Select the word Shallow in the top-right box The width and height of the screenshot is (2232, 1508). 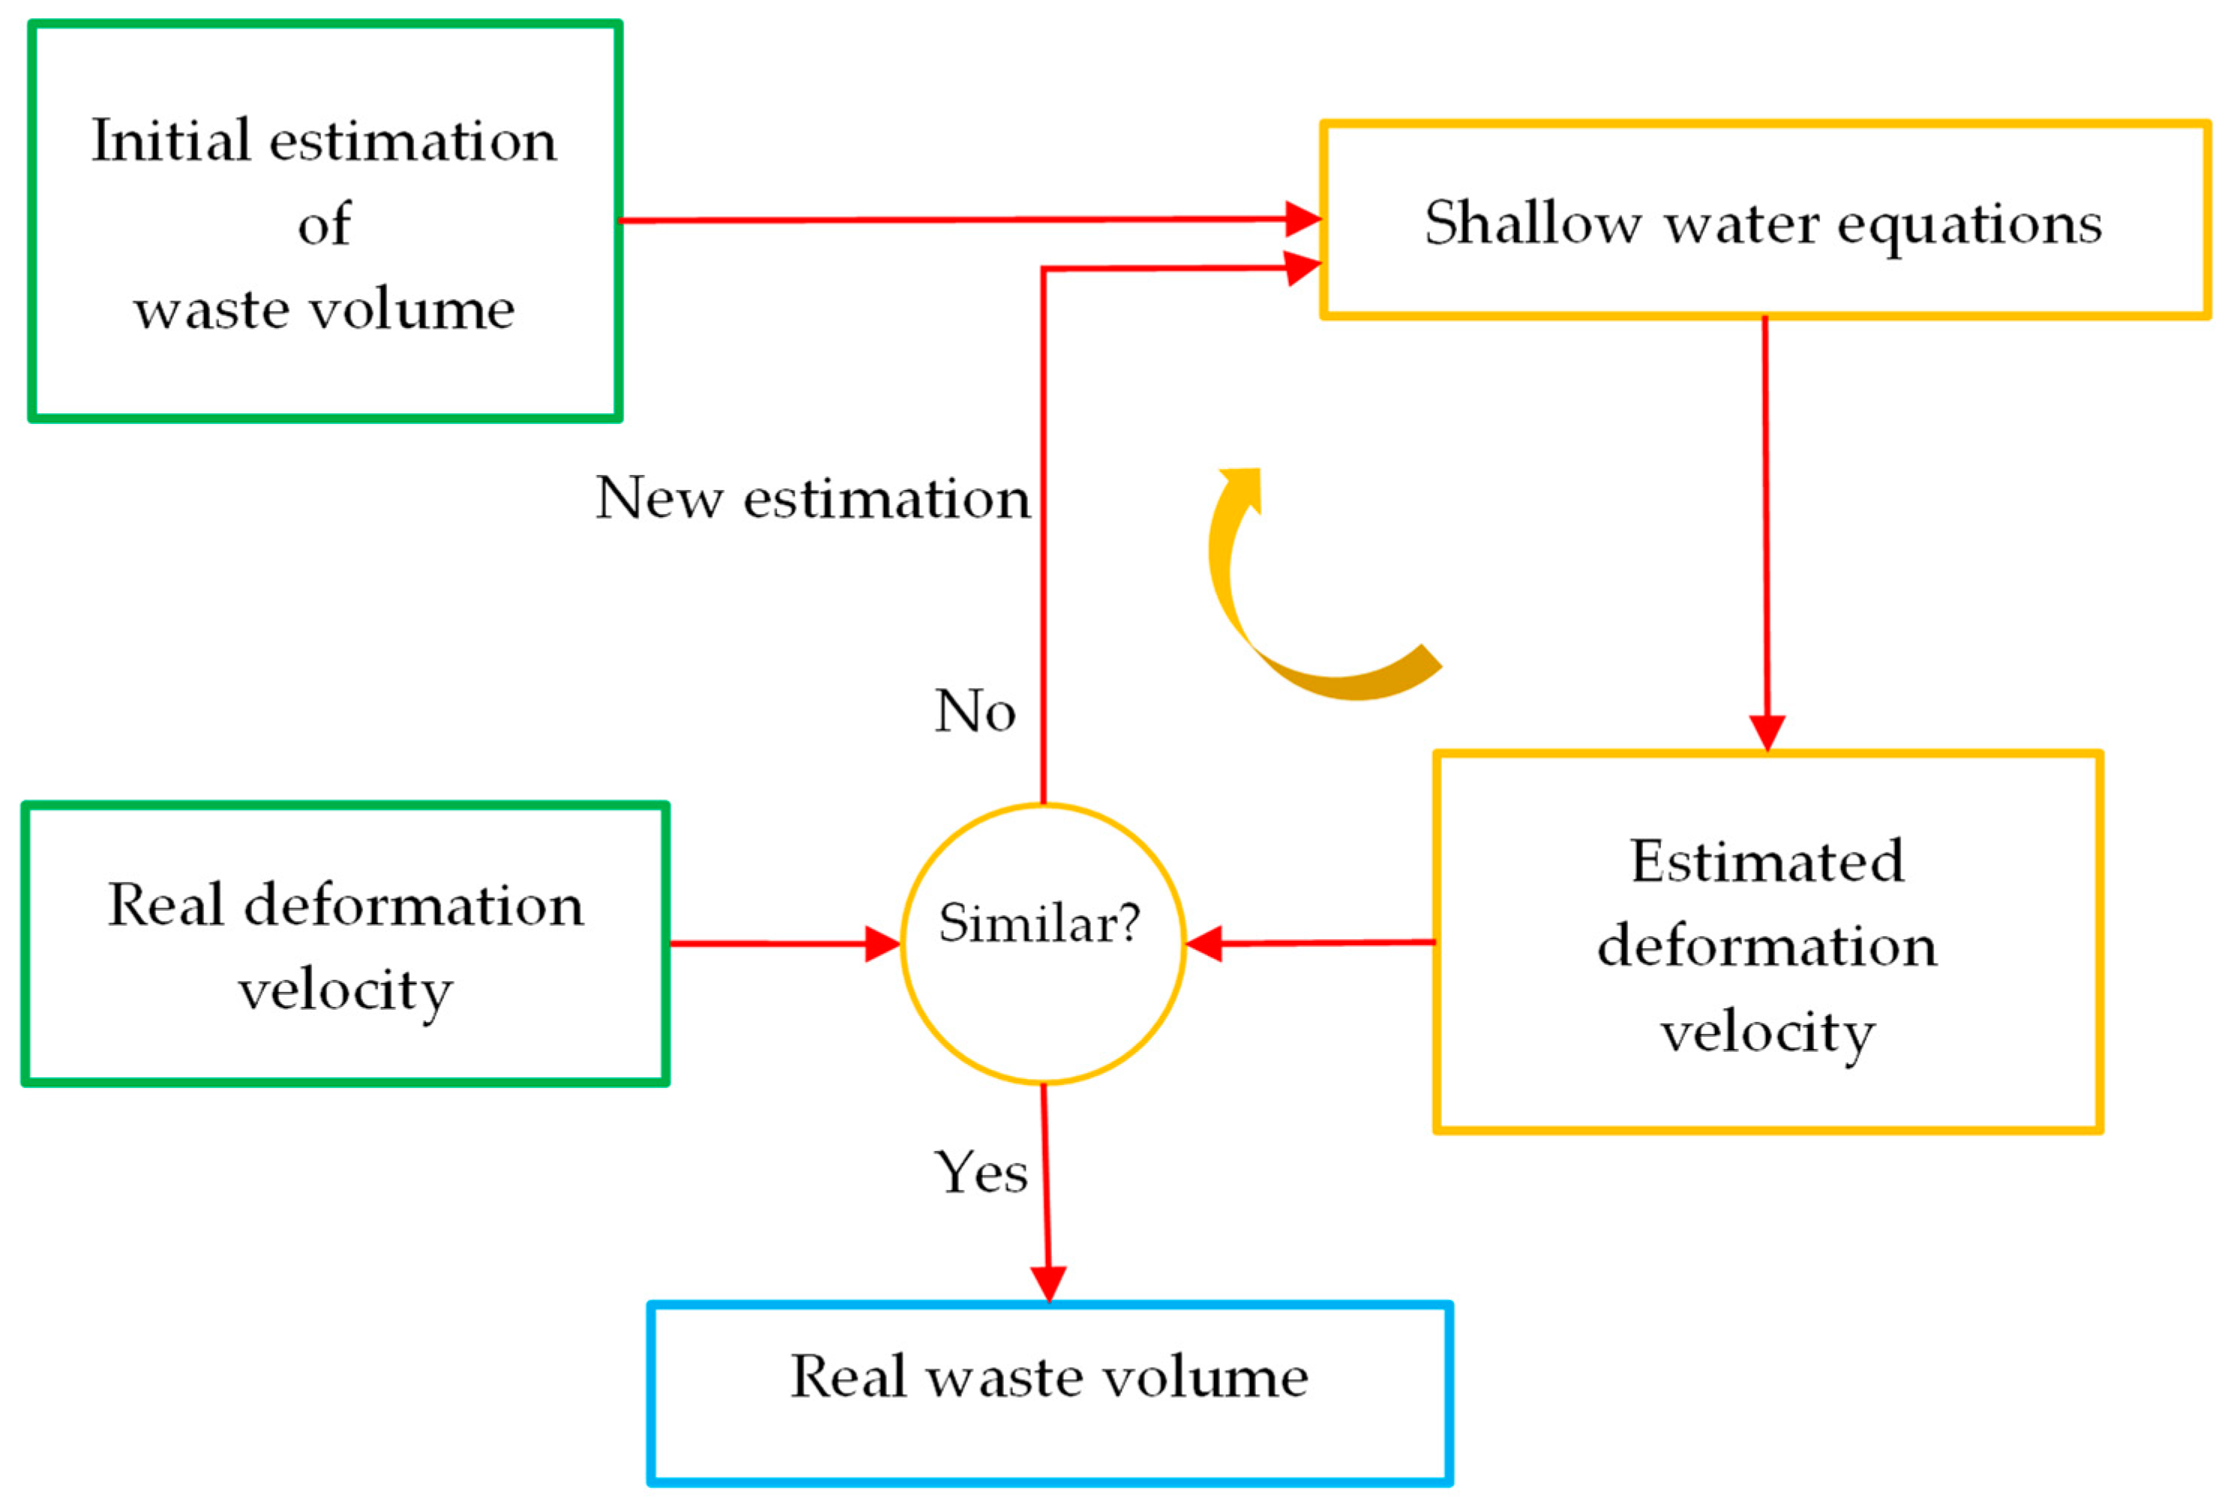(x=1532, y=223)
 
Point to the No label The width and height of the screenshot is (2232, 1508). (x=975, y=712)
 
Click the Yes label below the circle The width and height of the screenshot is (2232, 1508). (x=981, y=1173)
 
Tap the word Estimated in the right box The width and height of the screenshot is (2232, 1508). (x=1766, y=861)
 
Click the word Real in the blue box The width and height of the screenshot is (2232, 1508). (x=848, y=1377)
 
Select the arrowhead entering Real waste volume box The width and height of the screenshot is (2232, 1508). (x=1048, y=1283)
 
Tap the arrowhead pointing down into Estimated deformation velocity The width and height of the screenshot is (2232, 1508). (x=1766, y=732)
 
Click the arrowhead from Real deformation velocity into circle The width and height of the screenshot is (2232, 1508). (x=881, y=944)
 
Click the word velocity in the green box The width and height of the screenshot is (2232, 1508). (x=345, y=990)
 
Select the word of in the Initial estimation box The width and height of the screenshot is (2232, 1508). (x=323, y=226)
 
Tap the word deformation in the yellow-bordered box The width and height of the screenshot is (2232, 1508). (x=1766, y=946)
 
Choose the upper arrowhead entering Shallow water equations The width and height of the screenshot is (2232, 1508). (x=1302, y=219)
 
